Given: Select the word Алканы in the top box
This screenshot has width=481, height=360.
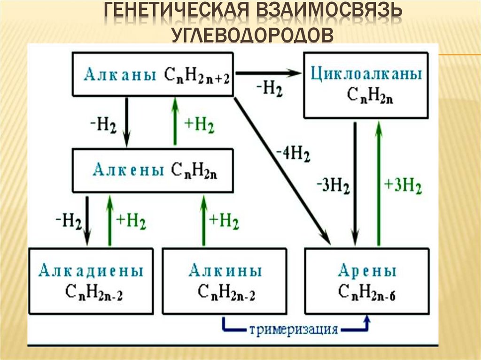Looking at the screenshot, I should [x=120, y=75].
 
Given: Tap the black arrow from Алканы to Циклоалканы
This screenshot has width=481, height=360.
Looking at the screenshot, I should [x=268, y=73].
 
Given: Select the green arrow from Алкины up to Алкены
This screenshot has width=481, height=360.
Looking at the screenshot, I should [x=203, y=221].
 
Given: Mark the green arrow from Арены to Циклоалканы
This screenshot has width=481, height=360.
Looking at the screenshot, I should [x=379, y=183].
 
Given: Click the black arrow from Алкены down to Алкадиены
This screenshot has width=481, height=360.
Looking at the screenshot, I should [x=88, y=221].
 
